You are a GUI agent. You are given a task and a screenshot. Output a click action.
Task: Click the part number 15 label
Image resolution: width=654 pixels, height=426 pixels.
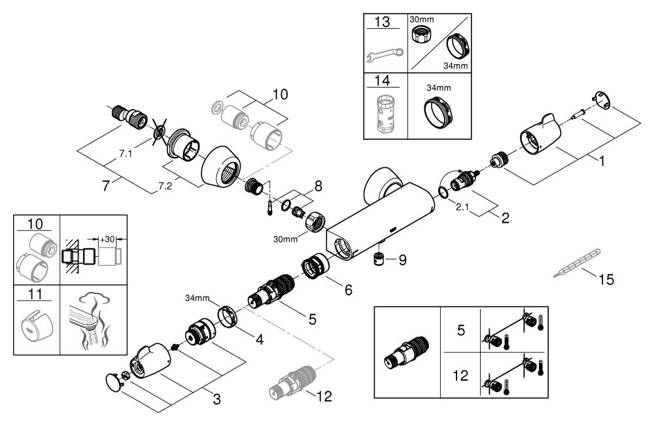pos(607,280)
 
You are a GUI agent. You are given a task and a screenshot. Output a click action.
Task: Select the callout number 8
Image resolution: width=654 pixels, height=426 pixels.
pos(318,187)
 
